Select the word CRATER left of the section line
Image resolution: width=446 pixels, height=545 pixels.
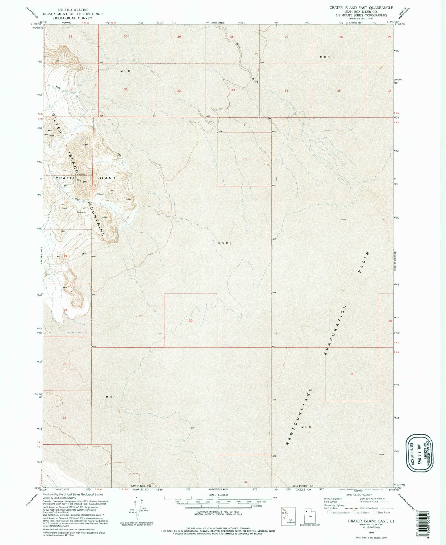click(66, 178)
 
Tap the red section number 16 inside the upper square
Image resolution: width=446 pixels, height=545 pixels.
click(245, 159)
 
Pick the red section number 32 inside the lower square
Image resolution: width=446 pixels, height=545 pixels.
click(191, 321)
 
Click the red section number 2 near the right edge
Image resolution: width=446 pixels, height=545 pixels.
click(352, 374)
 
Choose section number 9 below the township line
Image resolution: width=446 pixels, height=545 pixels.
click(244, 125)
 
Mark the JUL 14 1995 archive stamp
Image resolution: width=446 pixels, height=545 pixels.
click(419, 453)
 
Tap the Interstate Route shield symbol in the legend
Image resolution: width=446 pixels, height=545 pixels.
click(330, 513)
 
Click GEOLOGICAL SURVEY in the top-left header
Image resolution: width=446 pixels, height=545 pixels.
click(73, 18)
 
